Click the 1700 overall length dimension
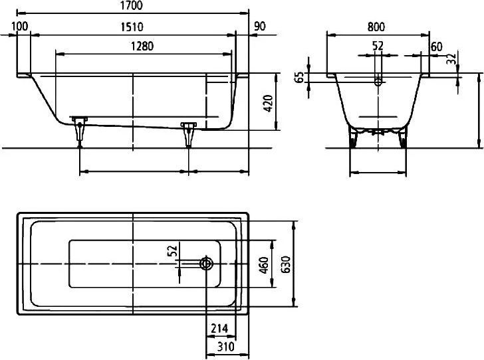(132, 5)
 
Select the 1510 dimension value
(132, 27)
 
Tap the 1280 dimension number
(142, 46)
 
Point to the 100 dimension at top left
(20, 26)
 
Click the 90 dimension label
(259, 27)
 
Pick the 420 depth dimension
(268, 104)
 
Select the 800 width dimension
(376, 27)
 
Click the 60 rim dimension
(436, 47)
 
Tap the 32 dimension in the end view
(451, 59)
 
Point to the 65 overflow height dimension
(299, 78)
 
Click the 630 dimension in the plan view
(286, 264)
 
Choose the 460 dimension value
(264, 264)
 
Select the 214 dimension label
(219, 329)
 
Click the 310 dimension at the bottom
(225, 347)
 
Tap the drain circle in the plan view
(207, 264)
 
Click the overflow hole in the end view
(378, 82)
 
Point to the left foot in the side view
(80, 132)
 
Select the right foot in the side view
(189, 134)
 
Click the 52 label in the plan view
(173, 250)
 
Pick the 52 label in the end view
(378, 46)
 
